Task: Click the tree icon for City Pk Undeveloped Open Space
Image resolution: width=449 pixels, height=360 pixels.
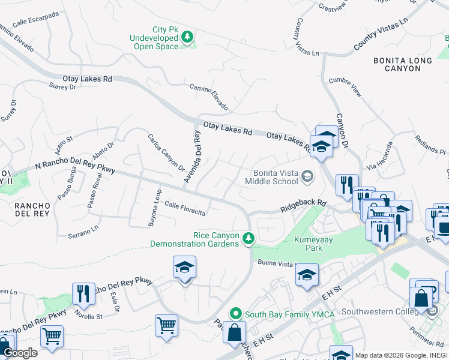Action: point(188,38)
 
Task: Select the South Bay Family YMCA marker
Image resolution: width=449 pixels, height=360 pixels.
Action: point(236,313)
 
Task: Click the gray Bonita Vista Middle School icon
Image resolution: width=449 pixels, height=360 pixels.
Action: point(307,176)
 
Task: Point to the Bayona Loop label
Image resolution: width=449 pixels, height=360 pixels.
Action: point(154,208)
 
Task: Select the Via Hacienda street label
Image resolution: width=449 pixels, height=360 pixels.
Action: point(381,157)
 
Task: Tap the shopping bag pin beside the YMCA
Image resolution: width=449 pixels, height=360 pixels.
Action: point(234,332)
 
